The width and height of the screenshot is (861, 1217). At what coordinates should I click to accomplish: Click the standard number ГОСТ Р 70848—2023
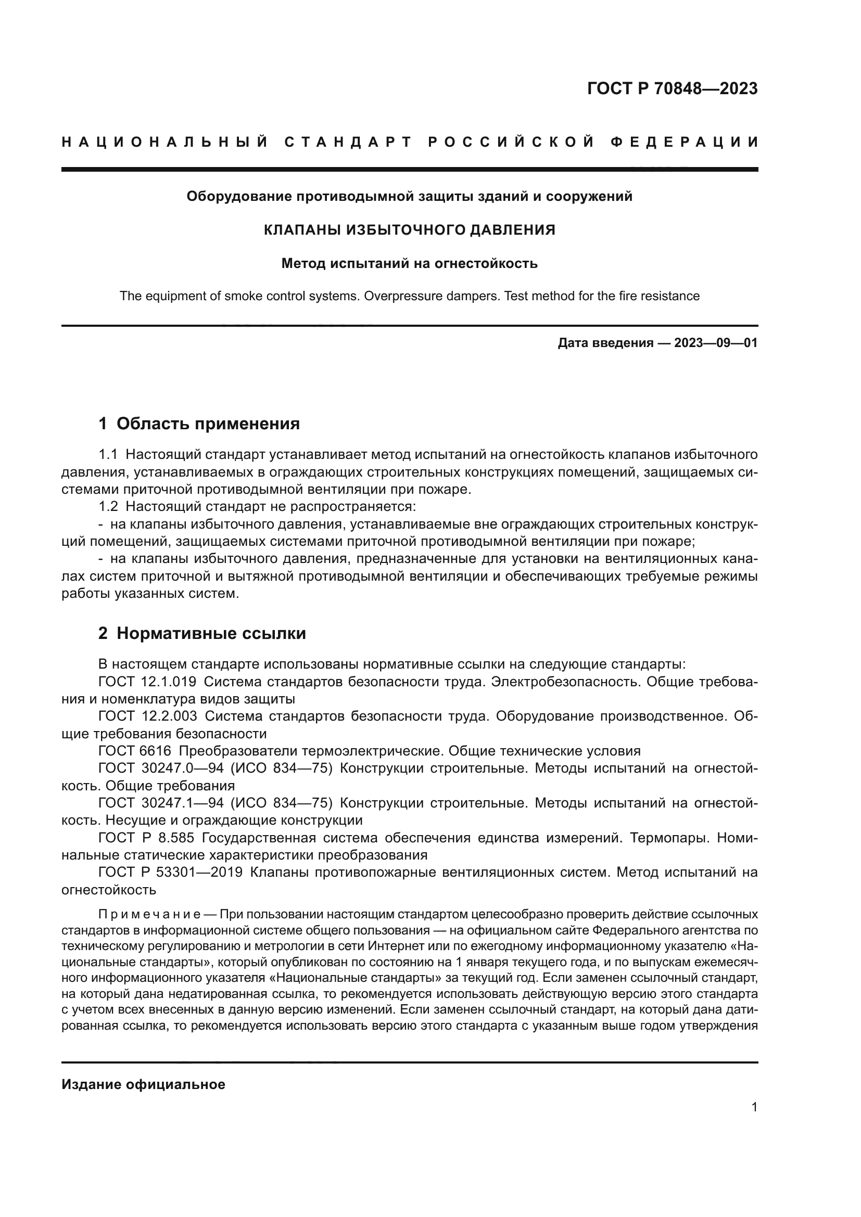pyautogui.click(x=672, y=88)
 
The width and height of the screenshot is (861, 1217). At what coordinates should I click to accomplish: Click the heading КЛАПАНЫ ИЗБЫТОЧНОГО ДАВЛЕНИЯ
pyautogui.click(x=409, y=230)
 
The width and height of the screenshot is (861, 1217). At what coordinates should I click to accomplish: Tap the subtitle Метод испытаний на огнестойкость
pyautogui.click(x=409, y=263)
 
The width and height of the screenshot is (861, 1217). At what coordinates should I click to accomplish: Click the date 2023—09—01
pyautogui.click(x=716, y=343)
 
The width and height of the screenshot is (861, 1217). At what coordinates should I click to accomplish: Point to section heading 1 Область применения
pyautogui.click(x=199, y=424)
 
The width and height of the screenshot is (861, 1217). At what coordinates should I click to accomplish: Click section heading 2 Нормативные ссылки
pyautogui.click(x=202, y=633)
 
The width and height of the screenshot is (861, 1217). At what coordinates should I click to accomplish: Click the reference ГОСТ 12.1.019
pyautogui.click(x=147, y=682)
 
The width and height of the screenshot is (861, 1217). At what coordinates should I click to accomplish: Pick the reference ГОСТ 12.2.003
pyautogui.click(x=147, y=716)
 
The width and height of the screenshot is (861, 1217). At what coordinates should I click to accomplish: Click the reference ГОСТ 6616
pyautogui.click(x=135, y=751)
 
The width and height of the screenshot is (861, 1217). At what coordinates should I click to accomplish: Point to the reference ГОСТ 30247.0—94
pyautogui.click(x=161, y=768)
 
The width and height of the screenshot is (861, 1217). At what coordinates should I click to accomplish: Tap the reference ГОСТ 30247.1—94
pyautogui.click(x=161, y=803)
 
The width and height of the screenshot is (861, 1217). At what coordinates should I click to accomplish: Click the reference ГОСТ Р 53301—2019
pyautogui.click(x=170, y=873)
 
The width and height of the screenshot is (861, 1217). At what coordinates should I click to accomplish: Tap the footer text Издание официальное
pyautogui.click(x=143, y=1084)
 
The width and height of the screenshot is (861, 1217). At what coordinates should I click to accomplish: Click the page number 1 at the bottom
pyautogui.click(x=754, y=1107)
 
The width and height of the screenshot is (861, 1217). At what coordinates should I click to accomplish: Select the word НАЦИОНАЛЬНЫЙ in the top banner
pyautogui.click(x=165, y=142)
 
